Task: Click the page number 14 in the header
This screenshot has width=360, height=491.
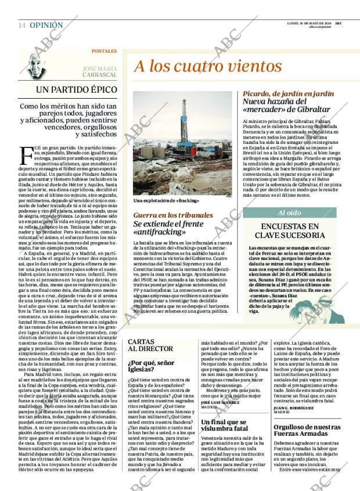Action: point(21,25)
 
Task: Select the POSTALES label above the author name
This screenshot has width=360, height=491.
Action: point(104,51)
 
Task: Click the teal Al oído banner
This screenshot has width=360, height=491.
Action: point(290,213)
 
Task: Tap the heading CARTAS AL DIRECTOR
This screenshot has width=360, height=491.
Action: point(150,345)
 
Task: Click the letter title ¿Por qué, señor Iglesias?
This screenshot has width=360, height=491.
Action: point(152,366)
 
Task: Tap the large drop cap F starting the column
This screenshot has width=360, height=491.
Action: point(26,155)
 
